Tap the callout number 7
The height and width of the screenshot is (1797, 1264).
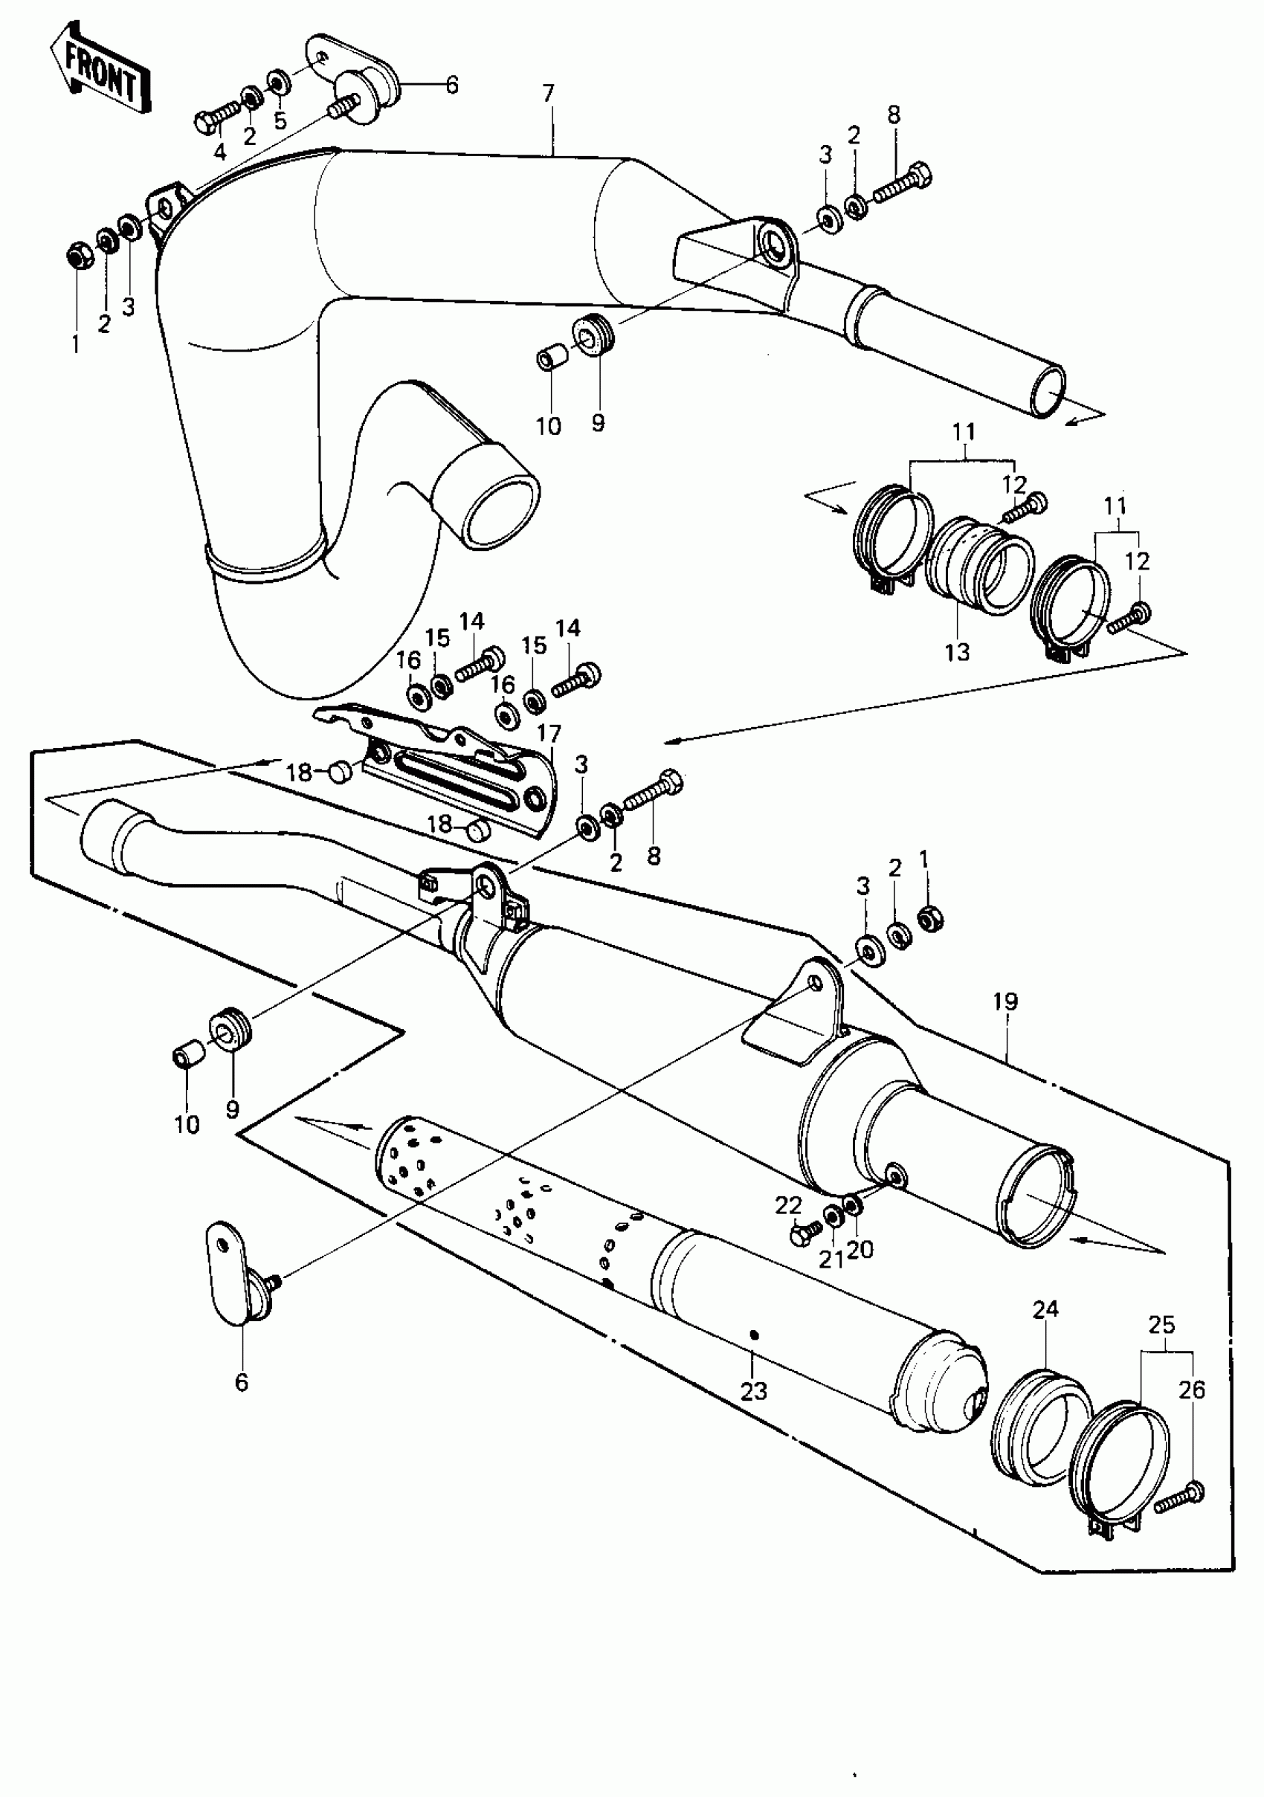coord(548,94)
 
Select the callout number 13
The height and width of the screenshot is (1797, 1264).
coord(956,652)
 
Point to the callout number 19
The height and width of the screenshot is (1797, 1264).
coord(1006,1001)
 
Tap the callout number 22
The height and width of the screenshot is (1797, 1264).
coord(788,1206)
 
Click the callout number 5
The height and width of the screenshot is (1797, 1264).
coord(280,120)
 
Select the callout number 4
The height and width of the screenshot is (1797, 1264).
coord(220,151)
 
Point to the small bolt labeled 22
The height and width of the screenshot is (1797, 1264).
coord(803,1236)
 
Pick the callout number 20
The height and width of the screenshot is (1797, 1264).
coord(860,1250)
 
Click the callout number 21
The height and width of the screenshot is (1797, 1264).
coord(831,1259)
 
